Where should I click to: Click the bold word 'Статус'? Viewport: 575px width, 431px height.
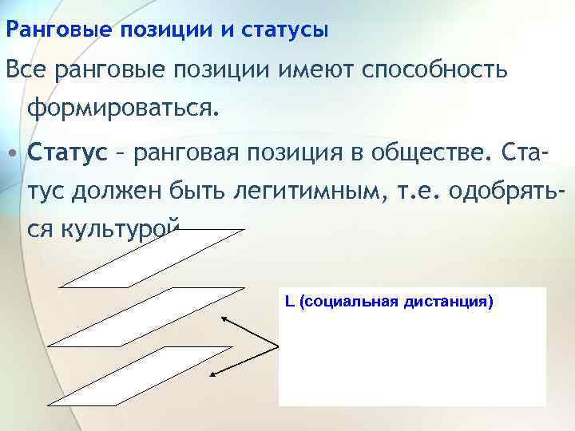pos(66,152)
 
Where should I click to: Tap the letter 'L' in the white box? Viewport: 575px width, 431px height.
pos(289,302)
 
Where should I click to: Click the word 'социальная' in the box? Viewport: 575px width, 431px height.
pos(345,302)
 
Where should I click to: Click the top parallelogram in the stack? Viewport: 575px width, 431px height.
pos(152,259)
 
